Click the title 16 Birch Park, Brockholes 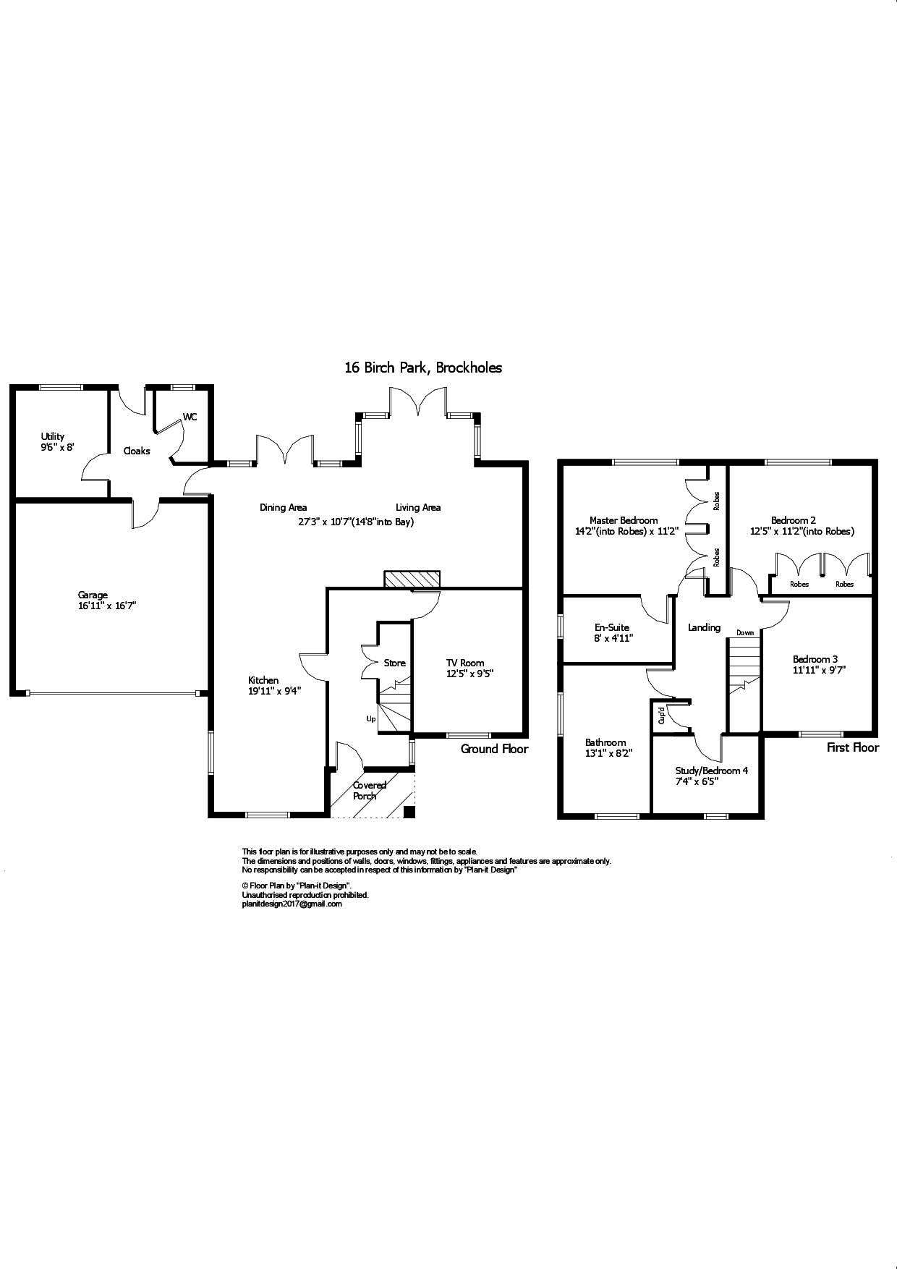pos(423,368)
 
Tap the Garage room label pos(93,595)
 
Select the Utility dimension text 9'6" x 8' pos(57,447)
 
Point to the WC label pos(190,417)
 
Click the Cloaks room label pos(137,451)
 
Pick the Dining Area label pos(283,507)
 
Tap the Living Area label pos(418,507)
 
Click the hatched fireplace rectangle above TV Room pos(412,580)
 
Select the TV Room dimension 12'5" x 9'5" pos(469,673)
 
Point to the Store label pos(394,663)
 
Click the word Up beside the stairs pos(371,719)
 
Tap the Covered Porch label pos(369,790)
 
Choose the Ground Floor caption pos(494,749)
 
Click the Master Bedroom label pos(624,520)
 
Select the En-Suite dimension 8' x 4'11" pos(613,638)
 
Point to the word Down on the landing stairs pos(745,632)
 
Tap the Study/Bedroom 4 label pos(712,771)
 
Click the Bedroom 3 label pos(815,659)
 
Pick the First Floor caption pos(852,748)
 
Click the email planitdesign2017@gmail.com pos(292,904)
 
